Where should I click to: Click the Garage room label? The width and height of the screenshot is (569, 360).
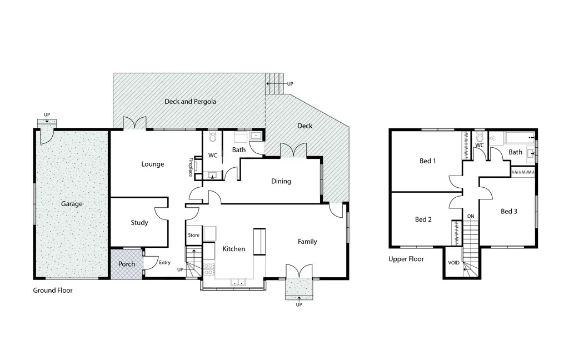click(72, 204)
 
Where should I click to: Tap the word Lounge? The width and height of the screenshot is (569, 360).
click(152, 164)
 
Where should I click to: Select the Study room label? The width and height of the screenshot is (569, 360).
click(139, 223)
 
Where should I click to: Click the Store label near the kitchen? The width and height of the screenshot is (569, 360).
click(193, 236)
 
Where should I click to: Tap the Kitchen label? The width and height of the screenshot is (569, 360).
click(233, 249)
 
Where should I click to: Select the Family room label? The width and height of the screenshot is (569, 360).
click(307, 242)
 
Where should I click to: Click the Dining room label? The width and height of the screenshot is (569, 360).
click(281, 181)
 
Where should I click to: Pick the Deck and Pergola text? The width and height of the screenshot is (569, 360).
click(190, 102)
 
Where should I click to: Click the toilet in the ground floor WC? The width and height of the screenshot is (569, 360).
click(212, 137)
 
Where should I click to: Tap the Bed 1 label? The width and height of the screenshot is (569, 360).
click(427, 161)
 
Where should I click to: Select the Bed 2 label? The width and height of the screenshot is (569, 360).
click(423, 219)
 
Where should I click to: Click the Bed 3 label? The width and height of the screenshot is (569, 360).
click(509, 211)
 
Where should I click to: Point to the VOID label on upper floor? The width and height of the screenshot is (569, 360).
click(454, 262)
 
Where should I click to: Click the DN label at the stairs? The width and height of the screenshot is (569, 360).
click(471, 216)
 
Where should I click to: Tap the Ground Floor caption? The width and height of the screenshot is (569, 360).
click(53, 291)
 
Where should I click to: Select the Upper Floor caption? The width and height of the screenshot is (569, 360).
click(406, 259)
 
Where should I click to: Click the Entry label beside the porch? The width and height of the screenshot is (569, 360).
click(164, 263)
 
